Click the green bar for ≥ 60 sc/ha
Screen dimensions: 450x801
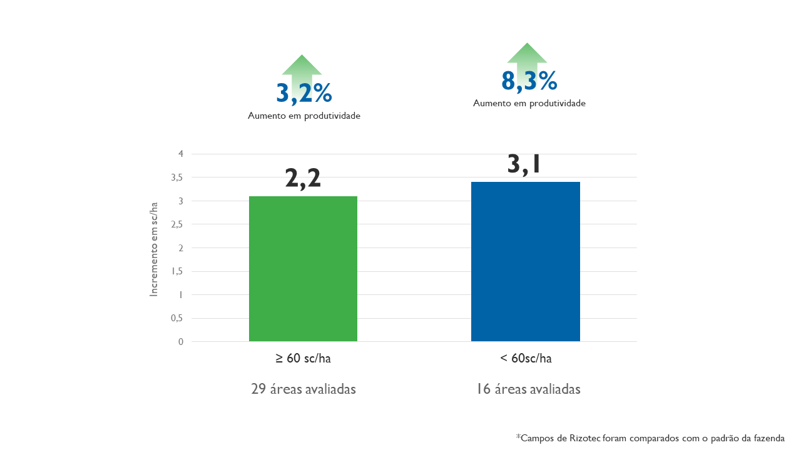[x=303, y=269]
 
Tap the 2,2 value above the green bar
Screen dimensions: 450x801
[x=303, y=178]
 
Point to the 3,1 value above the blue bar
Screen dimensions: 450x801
[x=524, y=164]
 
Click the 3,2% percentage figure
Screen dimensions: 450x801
[x=304, y=94]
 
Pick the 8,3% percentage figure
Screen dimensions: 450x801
[x=529, y=81]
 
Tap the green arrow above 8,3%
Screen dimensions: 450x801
[x=527, y=54]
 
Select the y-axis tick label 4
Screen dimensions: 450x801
[x=181, y=154]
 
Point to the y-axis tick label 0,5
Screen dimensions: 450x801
[x=177, y=318]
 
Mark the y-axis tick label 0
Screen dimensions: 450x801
[x=181, y=342]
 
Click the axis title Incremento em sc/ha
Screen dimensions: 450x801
[x=154, y=249]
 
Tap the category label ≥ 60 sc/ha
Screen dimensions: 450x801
[x=303, y=359]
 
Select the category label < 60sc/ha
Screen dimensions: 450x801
[x=526, y=359]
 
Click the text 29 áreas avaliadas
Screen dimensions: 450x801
[x=304, y=389]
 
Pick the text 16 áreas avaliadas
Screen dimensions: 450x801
[x=528, y=389]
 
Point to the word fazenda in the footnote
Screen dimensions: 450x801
[x=768, y=438]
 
